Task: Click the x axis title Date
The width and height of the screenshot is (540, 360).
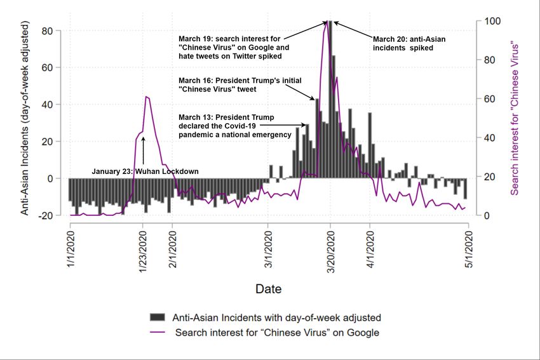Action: [x=269, y=289]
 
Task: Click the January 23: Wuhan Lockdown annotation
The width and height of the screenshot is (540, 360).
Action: [x=145, y=171]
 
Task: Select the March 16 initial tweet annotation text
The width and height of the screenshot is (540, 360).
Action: [x=240, y=84]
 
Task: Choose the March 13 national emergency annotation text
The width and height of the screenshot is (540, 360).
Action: [x=226, y=126]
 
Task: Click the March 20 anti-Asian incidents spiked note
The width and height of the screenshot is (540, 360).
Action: [x=408, y=43]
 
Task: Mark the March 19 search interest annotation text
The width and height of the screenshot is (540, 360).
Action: [x=234, y=48]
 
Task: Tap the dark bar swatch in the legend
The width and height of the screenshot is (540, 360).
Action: [x=157, y=317]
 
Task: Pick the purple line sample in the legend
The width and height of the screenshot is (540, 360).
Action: [x=157, y=332]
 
